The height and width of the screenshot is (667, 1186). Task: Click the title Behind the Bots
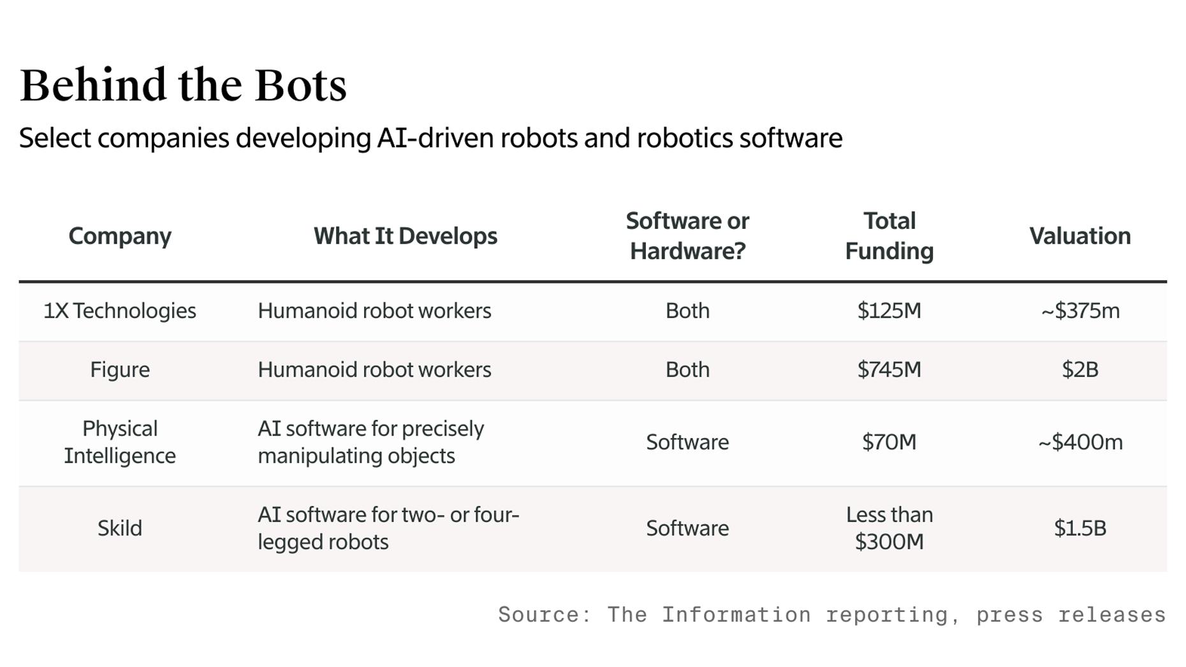[183, 85]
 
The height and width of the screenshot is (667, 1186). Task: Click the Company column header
[120, 236]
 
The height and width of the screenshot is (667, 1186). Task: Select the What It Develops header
[405, 236]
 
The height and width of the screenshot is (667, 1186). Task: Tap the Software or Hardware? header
[687, 236]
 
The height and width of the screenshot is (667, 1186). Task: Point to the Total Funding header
[889, 236]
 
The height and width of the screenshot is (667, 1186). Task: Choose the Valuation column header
[1080, 236]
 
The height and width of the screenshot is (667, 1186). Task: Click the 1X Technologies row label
[120, 311]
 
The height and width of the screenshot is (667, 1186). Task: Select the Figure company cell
[120, 370]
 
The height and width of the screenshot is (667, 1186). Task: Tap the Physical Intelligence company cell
[120, 442]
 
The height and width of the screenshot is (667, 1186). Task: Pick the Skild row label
[120, 528]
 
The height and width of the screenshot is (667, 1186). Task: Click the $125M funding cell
[889, 311]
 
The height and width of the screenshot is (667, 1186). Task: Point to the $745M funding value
[889, 370]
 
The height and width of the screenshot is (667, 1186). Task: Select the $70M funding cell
[889, 442]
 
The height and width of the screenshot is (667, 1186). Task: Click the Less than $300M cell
[889, 528]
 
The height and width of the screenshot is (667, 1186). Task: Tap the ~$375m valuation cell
[1080, 311]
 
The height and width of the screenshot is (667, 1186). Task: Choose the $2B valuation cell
[1080, 370]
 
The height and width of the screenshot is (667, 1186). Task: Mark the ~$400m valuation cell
[1080, 442]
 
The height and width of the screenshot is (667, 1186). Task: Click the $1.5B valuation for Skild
[1080, 528]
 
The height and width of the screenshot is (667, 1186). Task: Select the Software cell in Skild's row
[687, 528]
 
